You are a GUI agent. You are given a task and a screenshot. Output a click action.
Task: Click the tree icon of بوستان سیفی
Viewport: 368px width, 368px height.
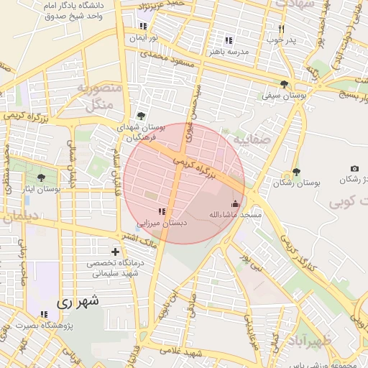point(285,84)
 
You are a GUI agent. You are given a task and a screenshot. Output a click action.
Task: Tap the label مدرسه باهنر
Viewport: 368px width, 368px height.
point(229,52)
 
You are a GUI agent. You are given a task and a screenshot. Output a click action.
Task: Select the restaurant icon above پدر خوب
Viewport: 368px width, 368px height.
point(281,29)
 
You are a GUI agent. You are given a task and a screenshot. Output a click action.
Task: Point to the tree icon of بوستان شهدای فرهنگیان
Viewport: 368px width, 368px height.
point(140,115)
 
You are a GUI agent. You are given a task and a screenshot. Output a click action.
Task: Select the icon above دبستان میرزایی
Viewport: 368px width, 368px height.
point(161,211)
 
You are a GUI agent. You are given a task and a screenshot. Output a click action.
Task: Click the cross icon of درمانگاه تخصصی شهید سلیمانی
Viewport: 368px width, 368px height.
point(115,252)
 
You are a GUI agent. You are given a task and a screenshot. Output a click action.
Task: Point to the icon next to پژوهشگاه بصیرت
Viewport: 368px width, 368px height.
point(45,315)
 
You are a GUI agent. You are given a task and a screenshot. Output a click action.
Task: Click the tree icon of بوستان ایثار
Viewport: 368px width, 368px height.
point(40,177)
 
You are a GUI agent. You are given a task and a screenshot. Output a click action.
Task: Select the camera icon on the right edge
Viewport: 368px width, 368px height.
point(354,167)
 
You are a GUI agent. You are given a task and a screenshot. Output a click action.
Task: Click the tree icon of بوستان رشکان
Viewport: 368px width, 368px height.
point(295,172)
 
